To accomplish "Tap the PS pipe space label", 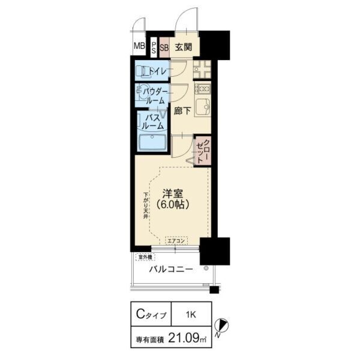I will point(154,47).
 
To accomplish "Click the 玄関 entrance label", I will point(184,47).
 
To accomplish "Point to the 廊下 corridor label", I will point(183,111).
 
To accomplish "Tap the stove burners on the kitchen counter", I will point(202,89).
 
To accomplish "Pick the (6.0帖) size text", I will point(173,205).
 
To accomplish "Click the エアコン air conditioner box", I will point(176,241).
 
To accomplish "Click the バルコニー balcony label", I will point(171,270).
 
